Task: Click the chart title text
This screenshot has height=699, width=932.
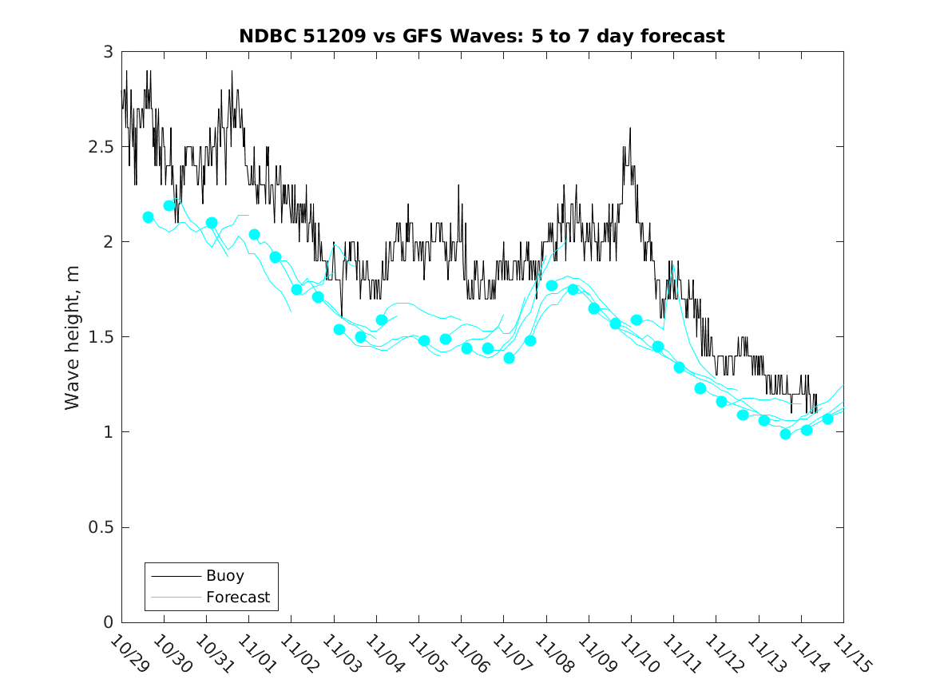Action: click(x=482, y=36)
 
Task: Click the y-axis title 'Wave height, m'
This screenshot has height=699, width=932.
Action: click(x=73, y=337)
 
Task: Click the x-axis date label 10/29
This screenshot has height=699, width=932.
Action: click(x=129, y=654)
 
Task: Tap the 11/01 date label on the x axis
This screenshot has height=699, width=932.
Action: click(x=256, y=654)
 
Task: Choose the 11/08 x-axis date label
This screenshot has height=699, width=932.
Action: click(x=553, y=654)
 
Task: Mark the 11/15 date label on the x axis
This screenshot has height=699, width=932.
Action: click(x=851, y=654)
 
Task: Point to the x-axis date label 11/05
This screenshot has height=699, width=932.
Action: click(x=426, y=654)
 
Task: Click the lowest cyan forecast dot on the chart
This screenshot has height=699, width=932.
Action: click(x=785, y=434)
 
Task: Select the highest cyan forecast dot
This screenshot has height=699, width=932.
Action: click(x=169, y=205)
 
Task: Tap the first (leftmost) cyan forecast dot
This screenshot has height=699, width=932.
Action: click(x=148, y=217)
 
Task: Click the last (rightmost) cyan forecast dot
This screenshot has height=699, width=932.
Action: click(x=827, y=419)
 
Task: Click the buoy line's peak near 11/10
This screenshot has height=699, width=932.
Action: click(x=630, y=128)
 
